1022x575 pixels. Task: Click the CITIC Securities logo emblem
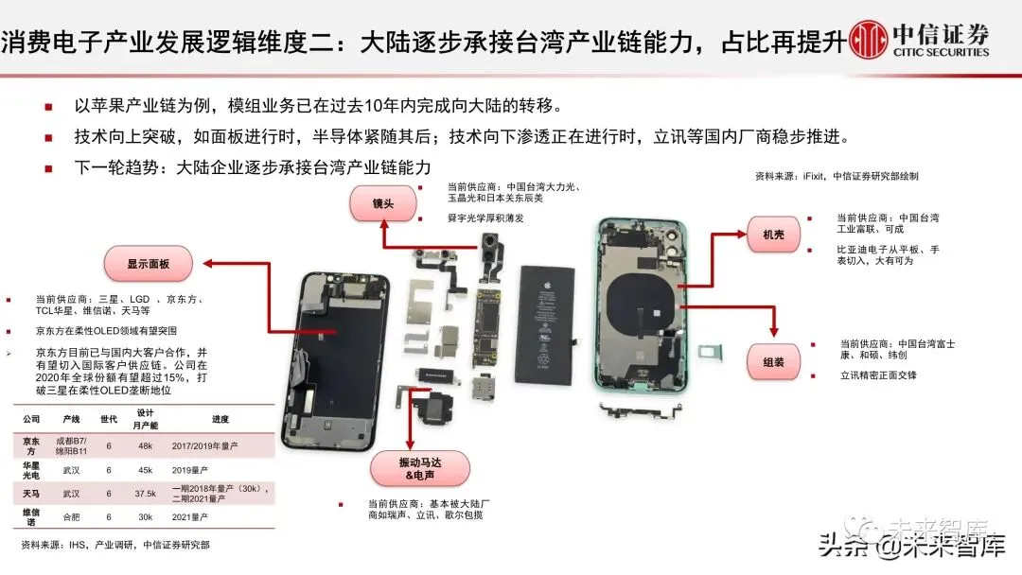coord(869,41)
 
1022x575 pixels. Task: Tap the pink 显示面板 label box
coord(147,264)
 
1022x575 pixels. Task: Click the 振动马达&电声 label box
coord(413,464)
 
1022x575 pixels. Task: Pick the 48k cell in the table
coord(145,444)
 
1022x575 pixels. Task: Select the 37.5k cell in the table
coord(145,494)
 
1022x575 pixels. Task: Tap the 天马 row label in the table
coord(31,494)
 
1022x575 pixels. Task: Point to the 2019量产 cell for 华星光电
coord(213,469)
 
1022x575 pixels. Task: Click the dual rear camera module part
coord(491,252)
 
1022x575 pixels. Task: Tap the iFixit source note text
coord(836,176)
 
